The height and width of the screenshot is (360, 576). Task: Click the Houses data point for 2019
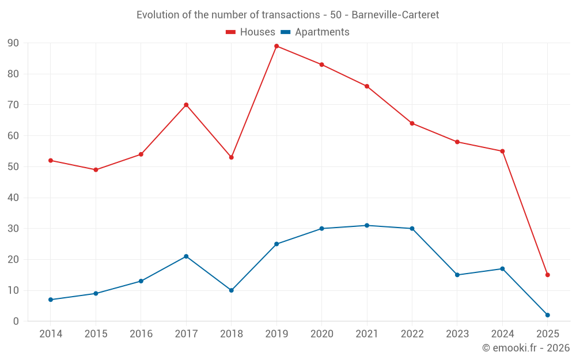click(x=276, y=46)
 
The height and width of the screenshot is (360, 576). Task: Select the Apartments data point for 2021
click(x=367, y=225)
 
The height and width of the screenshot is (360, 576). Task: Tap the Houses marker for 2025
click(x=547, y=275)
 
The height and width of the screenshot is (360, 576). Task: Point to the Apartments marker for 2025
click(x=547, y=315)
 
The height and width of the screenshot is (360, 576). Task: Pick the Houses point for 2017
click(x=186, y=105)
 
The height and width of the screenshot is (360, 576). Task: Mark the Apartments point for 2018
click(x=232, y=290)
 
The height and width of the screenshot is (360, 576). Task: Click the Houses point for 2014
click(x=51, y=160)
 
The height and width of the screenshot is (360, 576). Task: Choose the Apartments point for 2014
click(x=51, y=300)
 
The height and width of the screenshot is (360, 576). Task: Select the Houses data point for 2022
click(x=412, y=123)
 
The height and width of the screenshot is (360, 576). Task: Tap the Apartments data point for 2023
click(x=457, y=275)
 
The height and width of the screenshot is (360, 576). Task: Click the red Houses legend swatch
click(x=230, y=32)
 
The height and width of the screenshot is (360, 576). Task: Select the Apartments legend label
click(x=322, y=32)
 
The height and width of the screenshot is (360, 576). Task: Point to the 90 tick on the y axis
click(x=13, y=43)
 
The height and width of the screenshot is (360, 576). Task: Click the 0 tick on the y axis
click(x=16, y=321)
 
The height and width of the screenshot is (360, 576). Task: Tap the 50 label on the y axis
click(x=13, y=167)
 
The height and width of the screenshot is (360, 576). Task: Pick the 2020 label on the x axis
click(x=321, y=334)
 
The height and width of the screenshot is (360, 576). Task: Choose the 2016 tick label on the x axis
click(x=141, y=334)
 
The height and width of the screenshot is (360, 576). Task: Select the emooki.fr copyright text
click(x=526, y=348)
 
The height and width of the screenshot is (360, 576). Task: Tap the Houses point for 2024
click(x=502, y=151)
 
